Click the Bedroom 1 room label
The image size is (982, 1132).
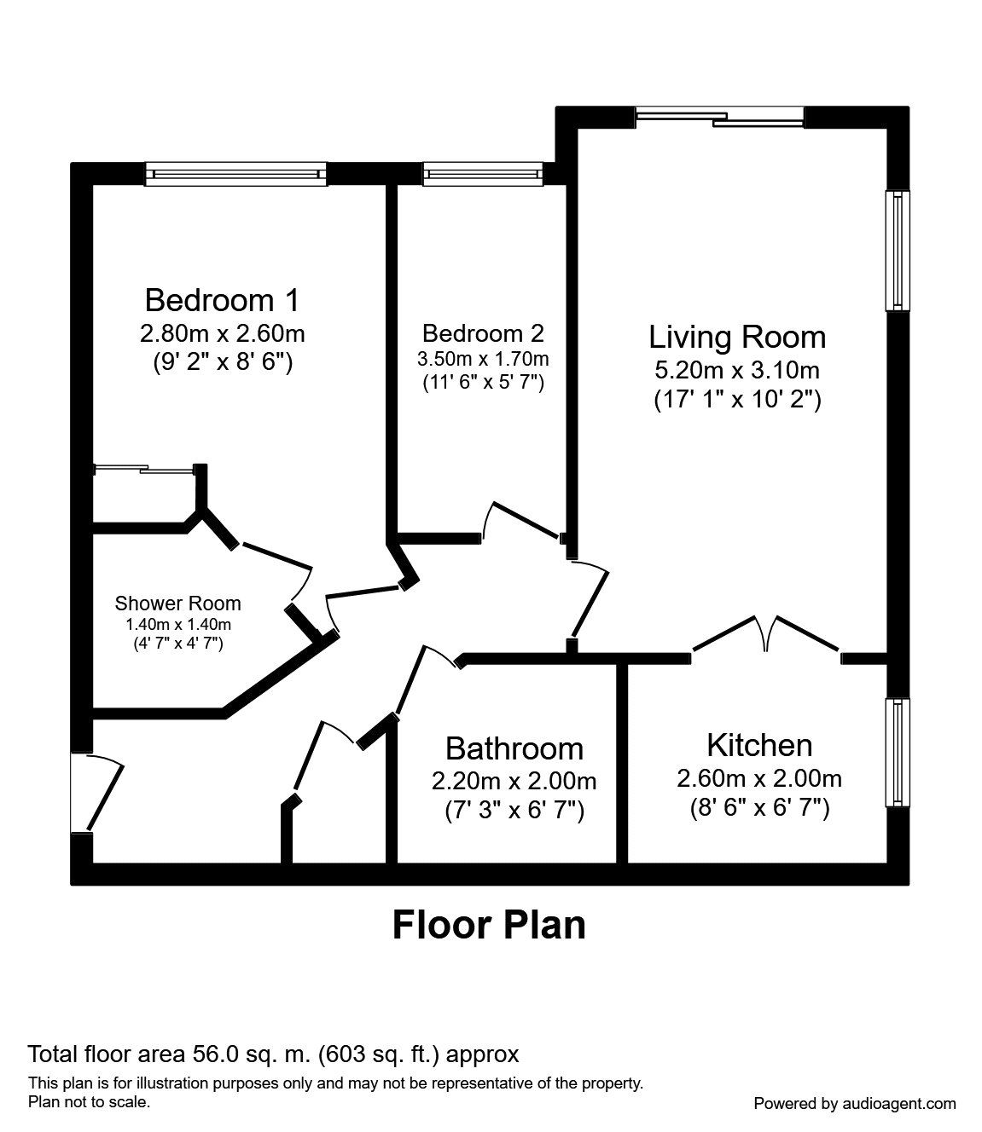coord(222,300)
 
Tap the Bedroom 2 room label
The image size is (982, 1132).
coord(483,332)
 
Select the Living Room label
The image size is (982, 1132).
coord(737,337)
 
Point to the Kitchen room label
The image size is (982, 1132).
coord(759,745)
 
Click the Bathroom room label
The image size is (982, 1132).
coord(514,748)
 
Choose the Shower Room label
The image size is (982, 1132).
coord(177,604)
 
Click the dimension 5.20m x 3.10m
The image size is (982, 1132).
coord(737,370)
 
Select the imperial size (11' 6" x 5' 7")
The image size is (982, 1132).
coord(483,383)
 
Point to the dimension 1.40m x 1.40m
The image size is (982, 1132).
coord(177,624)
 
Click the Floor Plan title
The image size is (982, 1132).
coord(489,925)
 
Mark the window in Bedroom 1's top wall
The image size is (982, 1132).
coord(236,175)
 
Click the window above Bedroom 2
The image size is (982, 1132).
coord(482,175)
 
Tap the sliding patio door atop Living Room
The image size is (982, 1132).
coord(720,117)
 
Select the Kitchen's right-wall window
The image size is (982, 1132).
coord(898,752)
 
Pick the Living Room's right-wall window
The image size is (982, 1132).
coord(898,251)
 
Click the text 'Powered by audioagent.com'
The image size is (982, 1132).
coord(855,1103)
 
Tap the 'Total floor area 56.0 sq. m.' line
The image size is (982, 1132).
coord(273,1054)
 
